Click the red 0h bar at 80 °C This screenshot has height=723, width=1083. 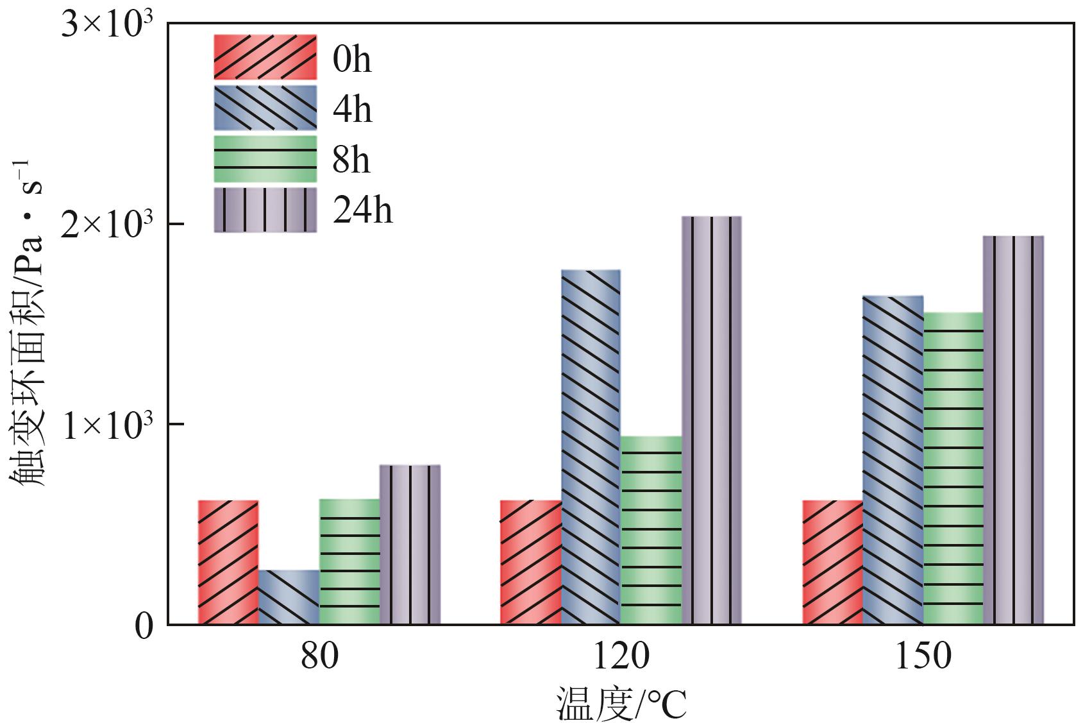click(228, 562)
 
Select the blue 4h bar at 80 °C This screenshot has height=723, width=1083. click(289, 597)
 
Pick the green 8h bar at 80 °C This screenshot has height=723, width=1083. click(349, 561)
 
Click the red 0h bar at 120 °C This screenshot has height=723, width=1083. click(530, 562)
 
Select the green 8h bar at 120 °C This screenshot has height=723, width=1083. click(651, 530)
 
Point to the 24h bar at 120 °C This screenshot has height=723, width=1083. click(712, 420)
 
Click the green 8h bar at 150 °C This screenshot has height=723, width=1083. click(953, 468)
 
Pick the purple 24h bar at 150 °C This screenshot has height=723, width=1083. click(1014, 430)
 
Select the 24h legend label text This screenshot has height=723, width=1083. click(363, 210)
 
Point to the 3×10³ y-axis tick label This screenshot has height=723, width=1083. click(107, 27)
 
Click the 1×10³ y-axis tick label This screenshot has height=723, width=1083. click(107, 426)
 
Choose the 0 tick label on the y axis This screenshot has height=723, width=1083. click(144, 625)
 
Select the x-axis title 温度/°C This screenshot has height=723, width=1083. click(621, 704)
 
